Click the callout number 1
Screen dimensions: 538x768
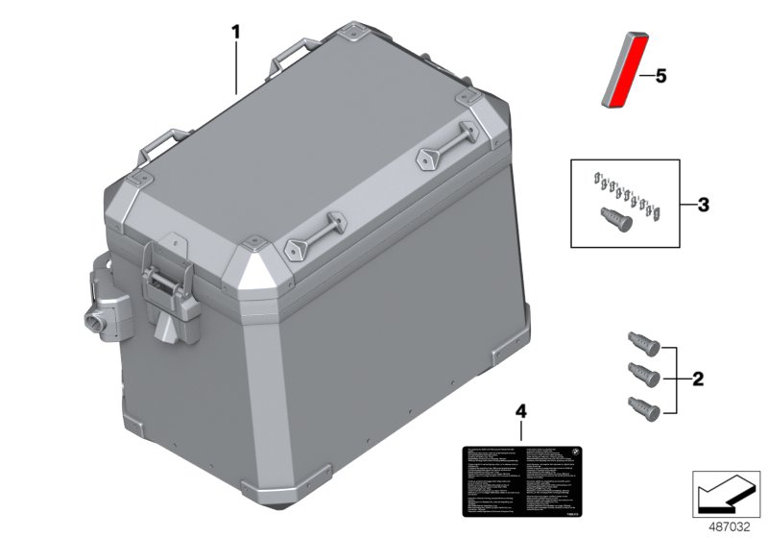coord(235,32)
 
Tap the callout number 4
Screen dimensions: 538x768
coord(521,411)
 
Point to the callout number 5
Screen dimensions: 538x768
coord(660,74)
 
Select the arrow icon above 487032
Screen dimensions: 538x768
coord(725,491)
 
